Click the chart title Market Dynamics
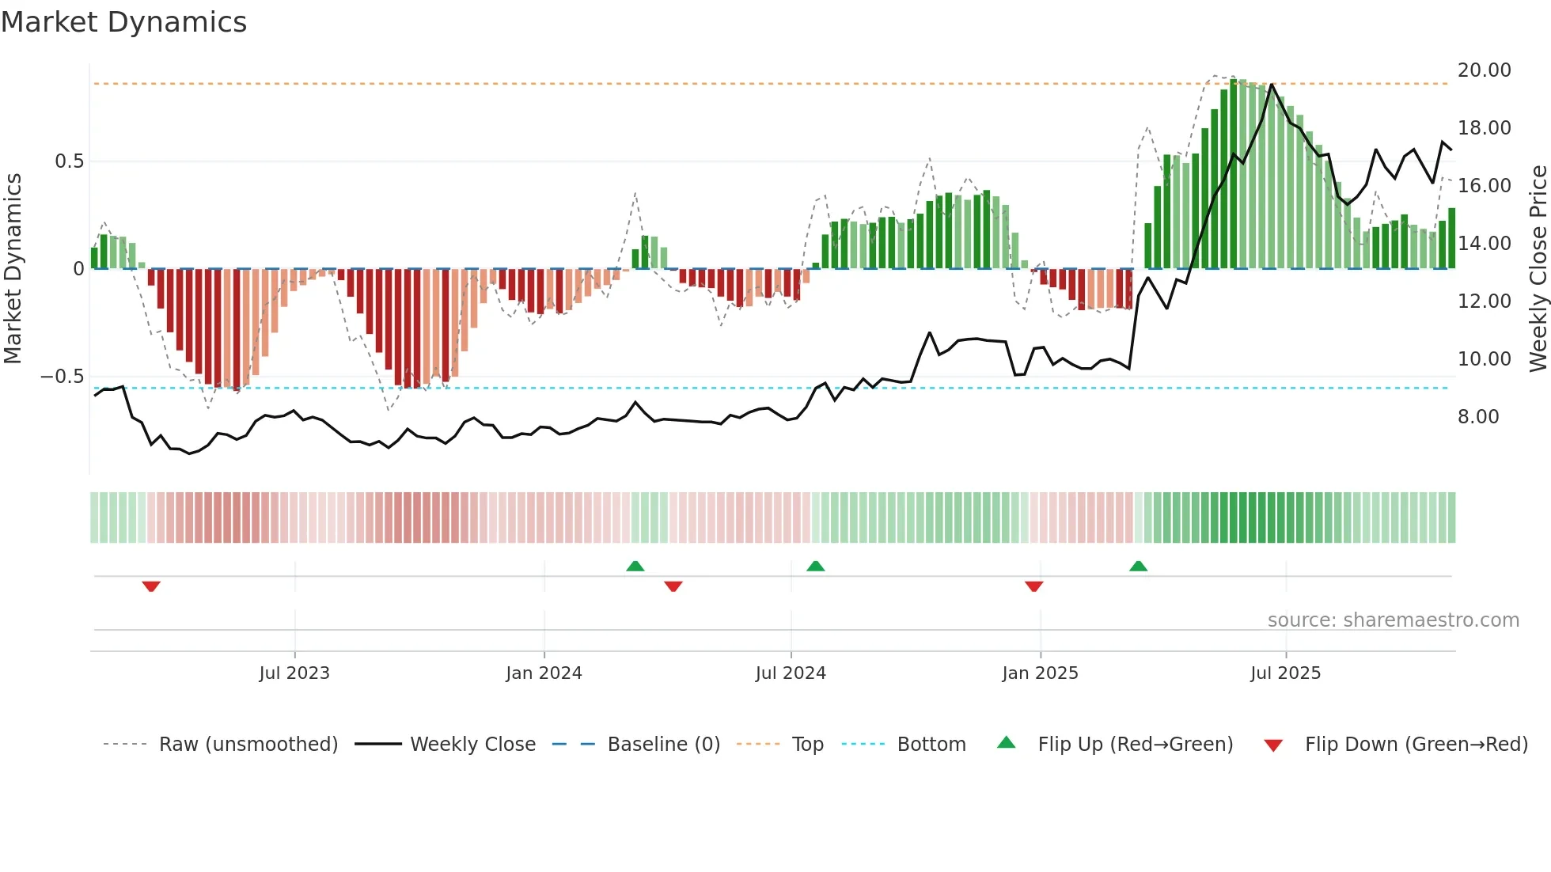[x=123, y=22]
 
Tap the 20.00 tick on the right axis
[x=1484, y=70]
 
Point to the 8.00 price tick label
[x=1477, y=417]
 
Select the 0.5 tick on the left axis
[x=69, y=161]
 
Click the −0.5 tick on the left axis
[x=63, y=377]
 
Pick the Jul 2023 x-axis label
[x=294, y=673]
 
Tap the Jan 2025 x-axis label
[x=1039, y=673]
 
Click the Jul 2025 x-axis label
[x=1285, y=673]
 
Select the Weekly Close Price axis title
[x=1538, y=268]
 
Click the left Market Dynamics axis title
[x=13, y=268]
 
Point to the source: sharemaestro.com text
[x=1393, y=620]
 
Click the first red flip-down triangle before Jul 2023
[x=151, y=586]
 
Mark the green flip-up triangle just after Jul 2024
[x=815, y=566]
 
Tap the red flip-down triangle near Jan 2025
[x=1033, y=586]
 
